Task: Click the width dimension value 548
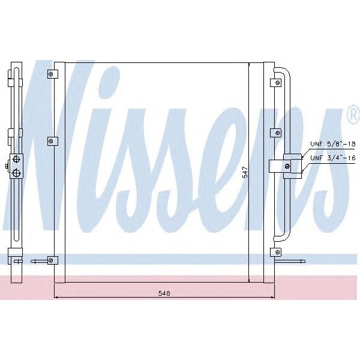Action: point(163,293)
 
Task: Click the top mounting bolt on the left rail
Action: point(52,74)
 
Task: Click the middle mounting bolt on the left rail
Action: point(52,142)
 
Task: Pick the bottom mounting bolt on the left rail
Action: point(52,260)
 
